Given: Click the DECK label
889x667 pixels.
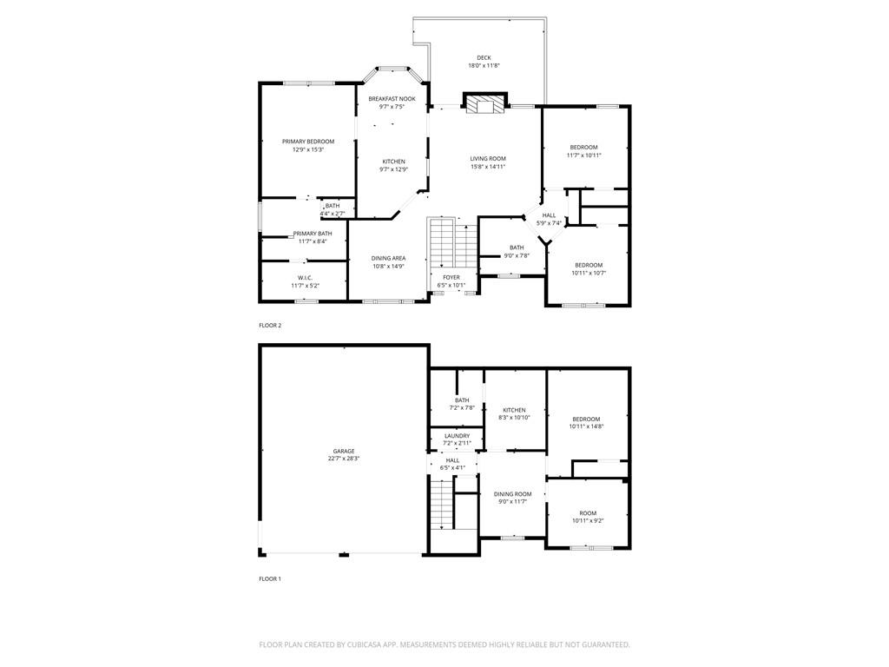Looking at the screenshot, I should (484, 58).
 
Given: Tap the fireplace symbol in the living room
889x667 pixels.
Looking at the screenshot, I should (484, 104).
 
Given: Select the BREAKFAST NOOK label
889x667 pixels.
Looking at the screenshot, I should (392, 99).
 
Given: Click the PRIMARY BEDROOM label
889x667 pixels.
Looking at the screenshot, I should (307, 142).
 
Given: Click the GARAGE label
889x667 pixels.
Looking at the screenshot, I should (343, 451).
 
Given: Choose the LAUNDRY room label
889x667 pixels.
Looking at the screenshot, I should (457, 436).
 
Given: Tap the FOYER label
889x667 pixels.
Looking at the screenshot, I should (451, 277).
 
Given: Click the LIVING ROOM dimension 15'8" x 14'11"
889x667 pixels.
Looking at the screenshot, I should (488, 167).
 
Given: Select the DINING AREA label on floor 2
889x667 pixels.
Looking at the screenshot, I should (388, 258).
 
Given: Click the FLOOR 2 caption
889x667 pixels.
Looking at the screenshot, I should (270, 326).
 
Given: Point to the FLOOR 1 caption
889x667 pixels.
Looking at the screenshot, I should (270, 578).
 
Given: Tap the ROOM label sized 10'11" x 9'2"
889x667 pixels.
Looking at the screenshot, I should (588, 512).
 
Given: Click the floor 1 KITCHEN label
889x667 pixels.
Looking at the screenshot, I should (514, 410).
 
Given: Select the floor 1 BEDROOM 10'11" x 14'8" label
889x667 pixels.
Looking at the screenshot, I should (586, 419).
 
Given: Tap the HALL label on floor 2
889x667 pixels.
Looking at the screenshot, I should (549, 215).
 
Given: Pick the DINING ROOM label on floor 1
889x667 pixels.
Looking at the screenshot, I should (513, 494).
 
